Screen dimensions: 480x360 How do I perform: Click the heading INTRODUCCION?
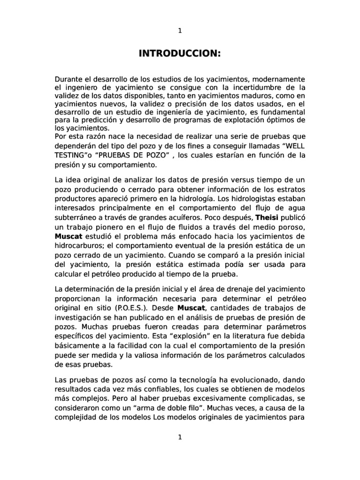[x=180, y=54]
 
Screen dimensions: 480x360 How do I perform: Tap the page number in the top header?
[x=180, y=31]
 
